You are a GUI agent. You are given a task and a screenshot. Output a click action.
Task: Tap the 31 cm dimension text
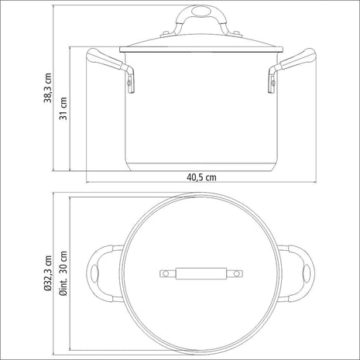67,104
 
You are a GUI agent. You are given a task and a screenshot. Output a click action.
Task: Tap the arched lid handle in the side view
201,17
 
